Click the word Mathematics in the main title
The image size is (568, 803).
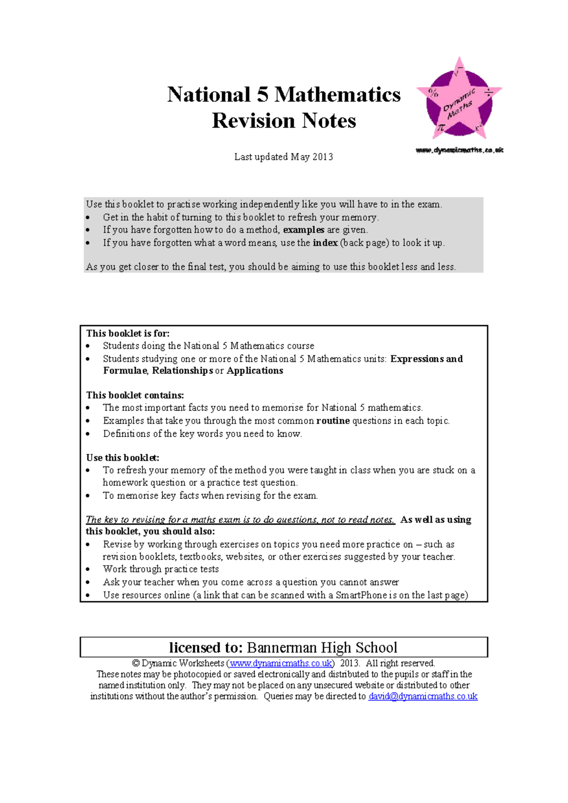click(337, 95)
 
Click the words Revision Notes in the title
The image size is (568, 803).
click(284, 121)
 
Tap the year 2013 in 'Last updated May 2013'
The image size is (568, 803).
click(322, 157)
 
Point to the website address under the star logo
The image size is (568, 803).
click(459, 150)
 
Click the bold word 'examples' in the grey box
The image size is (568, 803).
click(303, 230)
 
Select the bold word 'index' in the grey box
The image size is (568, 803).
click(325, 243)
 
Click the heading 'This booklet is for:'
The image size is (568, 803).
click(128, 333)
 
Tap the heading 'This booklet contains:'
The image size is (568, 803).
click(135, 395)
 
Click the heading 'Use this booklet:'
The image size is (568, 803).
click(123, 457)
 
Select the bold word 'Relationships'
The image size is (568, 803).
click(182, 371)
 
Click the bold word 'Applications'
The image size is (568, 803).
click(255, 371)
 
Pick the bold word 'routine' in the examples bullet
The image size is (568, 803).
click(333, 420)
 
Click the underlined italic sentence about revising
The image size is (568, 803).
click(240, 519)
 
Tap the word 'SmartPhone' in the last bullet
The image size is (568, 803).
click(361, 595)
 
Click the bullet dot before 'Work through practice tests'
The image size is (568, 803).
click(88, 570)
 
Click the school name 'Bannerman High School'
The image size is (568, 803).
click(322, 647)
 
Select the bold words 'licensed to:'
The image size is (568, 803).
click(206, 647)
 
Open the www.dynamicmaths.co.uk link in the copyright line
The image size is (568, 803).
click(281, 663)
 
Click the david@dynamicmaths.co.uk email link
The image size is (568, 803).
click(423, 696)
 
